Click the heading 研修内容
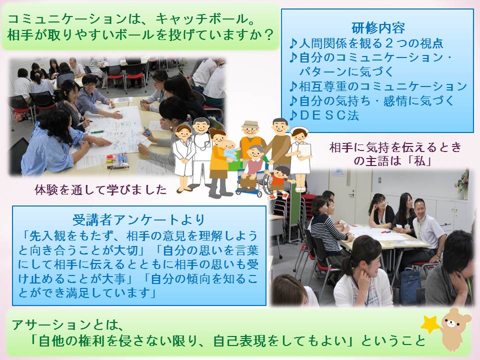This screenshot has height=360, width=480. click(x=378, y=28)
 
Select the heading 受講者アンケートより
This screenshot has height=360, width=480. click(x=138, y=219)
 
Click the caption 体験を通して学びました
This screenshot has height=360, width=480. click(x=100, y=190)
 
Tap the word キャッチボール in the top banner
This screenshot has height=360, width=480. click(x=201, y=19)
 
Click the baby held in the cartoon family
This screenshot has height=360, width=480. click(x=230, y=150)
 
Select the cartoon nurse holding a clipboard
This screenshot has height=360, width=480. click(x=300, y=159)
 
